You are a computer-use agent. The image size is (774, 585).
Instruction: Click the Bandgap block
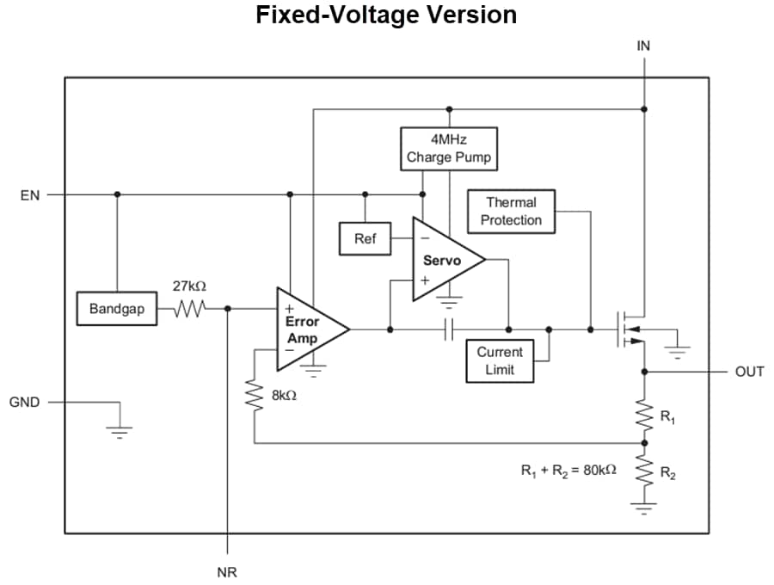[x=116, y=309]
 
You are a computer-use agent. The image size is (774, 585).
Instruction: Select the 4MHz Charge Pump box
[x=449, y=149]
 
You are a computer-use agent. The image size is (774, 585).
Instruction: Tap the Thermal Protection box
[x=511, y=212]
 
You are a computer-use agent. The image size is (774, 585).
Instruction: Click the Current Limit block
[x=499, y=360]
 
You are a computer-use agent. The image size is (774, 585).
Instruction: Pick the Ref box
[x=365, y=238]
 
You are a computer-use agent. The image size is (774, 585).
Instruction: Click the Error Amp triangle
[x=307, y=329]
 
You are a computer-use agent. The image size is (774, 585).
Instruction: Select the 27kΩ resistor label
[x=189, y=285]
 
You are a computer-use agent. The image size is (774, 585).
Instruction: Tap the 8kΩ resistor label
[x=284, y=397]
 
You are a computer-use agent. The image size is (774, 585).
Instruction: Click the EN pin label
[x=29, y=195]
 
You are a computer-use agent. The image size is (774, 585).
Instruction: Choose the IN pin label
[x=643, y=46]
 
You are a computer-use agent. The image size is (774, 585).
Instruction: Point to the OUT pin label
[x=749, y=372]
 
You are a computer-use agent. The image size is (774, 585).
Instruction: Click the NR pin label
[x=227, y=572]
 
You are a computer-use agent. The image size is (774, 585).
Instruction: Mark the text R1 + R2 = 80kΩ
[x=568, y=471]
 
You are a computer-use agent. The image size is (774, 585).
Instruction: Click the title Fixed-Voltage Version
[x=386, y=15]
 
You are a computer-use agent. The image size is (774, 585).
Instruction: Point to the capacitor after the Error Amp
[x=449, y=329]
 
